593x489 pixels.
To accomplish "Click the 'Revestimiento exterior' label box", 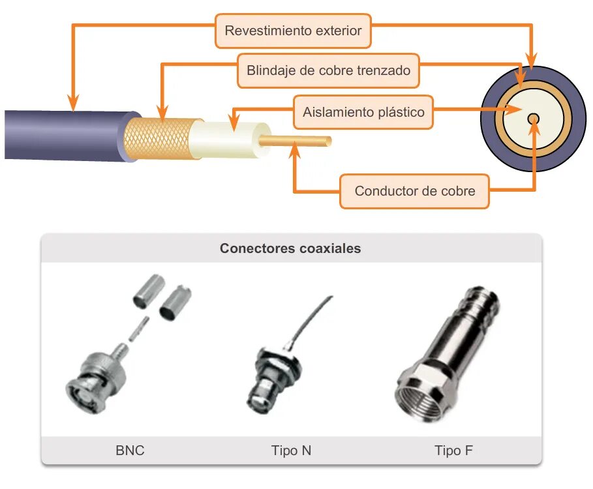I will [x=293, y=31].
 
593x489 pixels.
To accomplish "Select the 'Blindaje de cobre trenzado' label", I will [x=328, y=70].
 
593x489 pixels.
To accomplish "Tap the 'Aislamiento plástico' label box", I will [x=363, y=112].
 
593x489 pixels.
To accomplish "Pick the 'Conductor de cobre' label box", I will [x=414, y=191].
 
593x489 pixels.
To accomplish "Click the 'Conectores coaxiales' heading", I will [x=290, y=248].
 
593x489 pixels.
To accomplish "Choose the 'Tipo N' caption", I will [x=291, y=451].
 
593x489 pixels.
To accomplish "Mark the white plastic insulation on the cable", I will [x=228, y=138].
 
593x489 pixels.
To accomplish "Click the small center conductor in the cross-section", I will [x=534, y=119].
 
